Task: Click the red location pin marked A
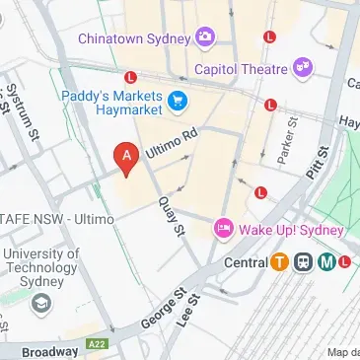(x=125, y=158)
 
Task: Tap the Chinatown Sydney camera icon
(x=205, y=37)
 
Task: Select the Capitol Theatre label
(x=241, y=69)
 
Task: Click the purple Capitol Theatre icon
(x=304, y=68)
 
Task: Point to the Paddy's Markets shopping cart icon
(x=178, y=100)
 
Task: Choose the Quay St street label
(x=171, y=214)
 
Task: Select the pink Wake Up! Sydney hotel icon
(x=224, y=230)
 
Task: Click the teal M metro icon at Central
(x=326, y=262)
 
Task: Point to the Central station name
(x=246, y=263)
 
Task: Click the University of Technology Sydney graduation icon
(x=39, y=302)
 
